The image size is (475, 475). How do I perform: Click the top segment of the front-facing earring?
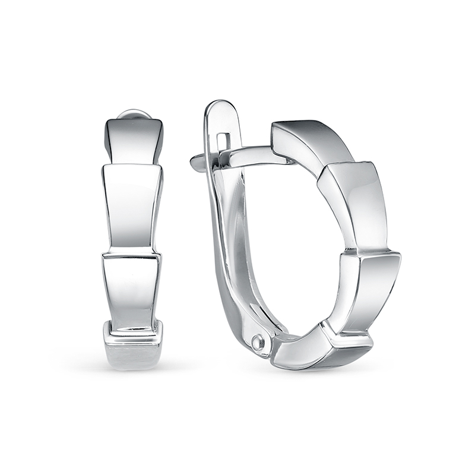(134, 140)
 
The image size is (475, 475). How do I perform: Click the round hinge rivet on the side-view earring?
(257, 342)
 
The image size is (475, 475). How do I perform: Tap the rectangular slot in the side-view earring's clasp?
(223, 141)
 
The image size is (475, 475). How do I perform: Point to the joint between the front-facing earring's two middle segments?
(131, 254)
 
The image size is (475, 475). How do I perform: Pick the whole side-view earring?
(297, 237)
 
